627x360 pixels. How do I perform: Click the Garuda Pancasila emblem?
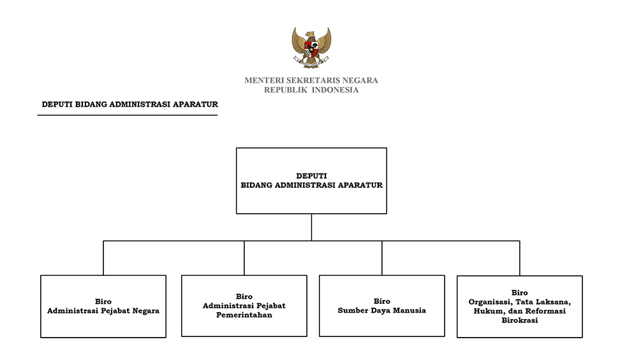pos(311,48)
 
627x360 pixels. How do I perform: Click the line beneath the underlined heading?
pos(128,115)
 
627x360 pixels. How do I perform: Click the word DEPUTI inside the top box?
pos(311,176)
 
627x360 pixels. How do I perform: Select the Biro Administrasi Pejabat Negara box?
pos(103,306)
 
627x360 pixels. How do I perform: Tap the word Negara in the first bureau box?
pos(146,311)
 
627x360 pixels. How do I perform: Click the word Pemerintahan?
pos(244,315)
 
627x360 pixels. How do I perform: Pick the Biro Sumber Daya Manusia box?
pos(382,306)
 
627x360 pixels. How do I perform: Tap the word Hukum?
pos(486,311)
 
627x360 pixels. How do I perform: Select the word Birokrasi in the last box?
pos(520,320)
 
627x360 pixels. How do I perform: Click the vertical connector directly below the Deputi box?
pos(311,227)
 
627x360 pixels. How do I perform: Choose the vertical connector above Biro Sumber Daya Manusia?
pos(382,258)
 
